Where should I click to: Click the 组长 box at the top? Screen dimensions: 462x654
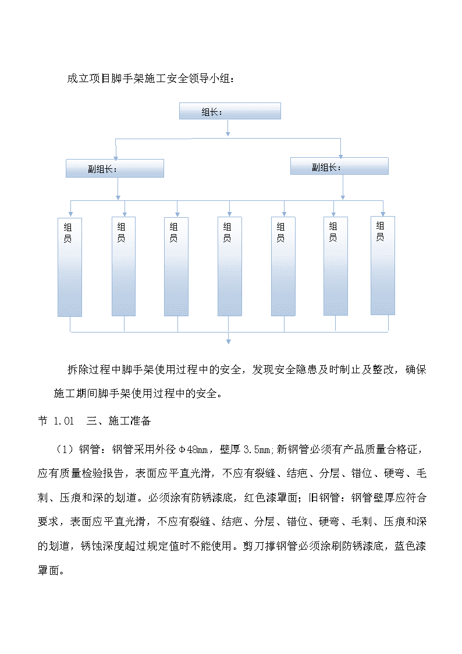click(230, 111)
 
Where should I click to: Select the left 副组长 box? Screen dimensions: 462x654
click(115, 168)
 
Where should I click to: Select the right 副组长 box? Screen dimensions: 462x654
click(339, 166)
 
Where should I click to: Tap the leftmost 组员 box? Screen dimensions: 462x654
click(70, 267)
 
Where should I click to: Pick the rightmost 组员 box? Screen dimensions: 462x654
click(383, 266)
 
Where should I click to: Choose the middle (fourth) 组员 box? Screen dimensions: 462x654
click(229, 267)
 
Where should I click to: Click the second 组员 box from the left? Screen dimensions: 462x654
click(124, 267)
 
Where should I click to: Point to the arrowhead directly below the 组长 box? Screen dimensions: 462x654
click(228, 133)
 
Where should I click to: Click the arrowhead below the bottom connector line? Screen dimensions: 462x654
click(228, 341)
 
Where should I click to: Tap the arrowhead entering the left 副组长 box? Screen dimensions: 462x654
click(116, 158)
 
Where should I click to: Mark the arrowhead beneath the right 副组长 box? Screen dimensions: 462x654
click(343, 197)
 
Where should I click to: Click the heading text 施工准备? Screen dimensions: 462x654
click(129, 421)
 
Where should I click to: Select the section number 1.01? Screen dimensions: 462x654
click(64, 421)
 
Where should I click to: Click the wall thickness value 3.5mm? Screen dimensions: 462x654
click(258, 450)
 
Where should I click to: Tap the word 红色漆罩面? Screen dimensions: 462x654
click(271, 497)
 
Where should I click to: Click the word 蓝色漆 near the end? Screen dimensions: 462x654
click(410, 546)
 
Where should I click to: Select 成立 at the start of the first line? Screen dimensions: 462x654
click(78, 79)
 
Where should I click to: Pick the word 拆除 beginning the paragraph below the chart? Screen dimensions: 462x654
click(78, 370)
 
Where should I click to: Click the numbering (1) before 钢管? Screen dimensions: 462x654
click(65, 450)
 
